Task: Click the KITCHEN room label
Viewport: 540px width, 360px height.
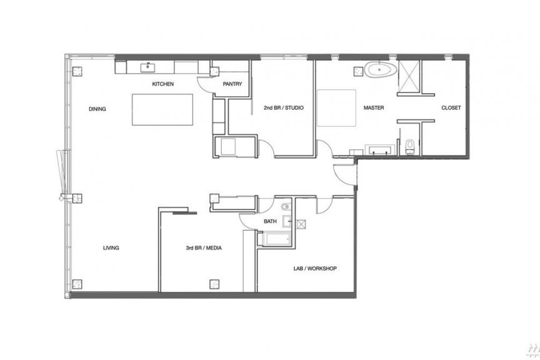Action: tap(163, 84)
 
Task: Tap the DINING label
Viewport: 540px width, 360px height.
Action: tap(97, 109)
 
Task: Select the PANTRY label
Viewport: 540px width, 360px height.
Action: tap(232, 84)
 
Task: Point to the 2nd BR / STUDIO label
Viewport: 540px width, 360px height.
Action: tap(284, 108)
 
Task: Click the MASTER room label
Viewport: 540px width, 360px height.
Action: tap(374, 108)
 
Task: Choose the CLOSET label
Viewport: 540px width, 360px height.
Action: tap(451, 108)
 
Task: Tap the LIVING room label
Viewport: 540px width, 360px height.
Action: tap(111, 247)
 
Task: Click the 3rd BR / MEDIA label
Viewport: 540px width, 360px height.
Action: tap(204, 247)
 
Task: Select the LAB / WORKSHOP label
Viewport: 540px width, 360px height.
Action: tap(315, 268)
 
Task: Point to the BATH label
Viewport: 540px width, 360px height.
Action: tap(271, 221)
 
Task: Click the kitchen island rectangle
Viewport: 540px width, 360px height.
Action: tap(162, 109)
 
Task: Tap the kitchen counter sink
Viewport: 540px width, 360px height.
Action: tap(147, 67)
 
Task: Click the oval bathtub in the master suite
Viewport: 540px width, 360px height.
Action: tap(381, 69)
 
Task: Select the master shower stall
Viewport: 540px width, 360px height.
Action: tap(409, 76)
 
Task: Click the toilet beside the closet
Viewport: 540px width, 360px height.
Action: tap(410, 146)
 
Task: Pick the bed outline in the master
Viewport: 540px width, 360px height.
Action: tap(336, 108)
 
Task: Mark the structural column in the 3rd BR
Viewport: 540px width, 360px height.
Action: tap(215, 284)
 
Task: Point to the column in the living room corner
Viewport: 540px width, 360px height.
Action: tap(77, 284)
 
